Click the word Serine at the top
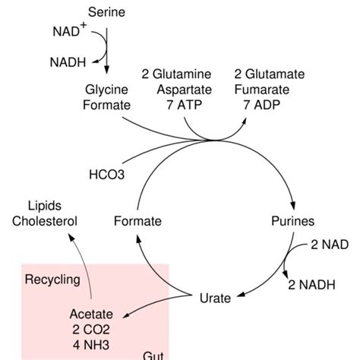[108, 12]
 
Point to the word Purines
[292, 222]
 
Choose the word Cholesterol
[44, 222]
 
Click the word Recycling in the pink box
[52, 279]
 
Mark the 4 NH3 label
[90, 343]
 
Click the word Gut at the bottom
[154, 355]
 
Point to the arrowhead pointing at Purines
[293, 207]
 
